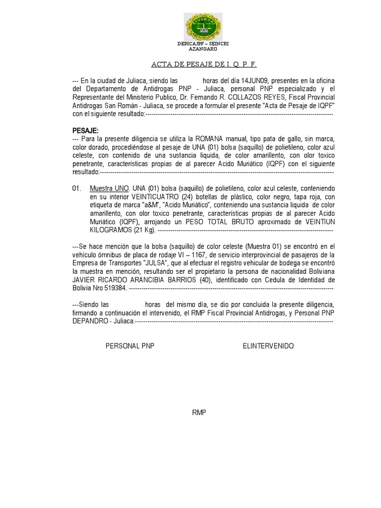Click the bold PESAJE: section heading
point(85,129)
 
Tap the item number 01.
point(76,189)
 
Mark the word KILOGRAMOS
point(111,231)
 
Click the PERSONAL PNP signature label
point(130,346)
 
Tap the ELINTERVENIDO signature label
point(268,346)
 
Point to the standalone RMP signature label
point(199,412)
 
